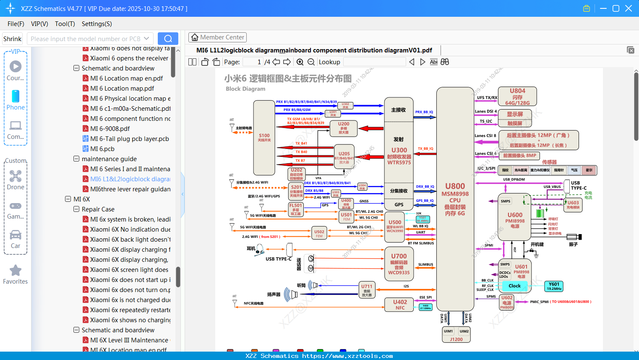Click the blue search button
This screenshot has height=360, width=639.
[x=168, y=39]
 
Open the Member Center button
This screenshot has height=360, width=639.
[x=217, y=37]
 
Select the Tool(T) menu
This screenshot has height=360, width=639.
[x=65, y=24]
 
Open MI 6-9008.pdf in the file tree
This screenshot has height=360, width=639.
[x=110, y=129]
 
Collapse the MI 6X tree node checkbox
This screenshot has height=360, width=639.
[x=68, y=199]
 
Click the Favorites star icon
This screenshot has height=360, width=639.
[x=16, y=271]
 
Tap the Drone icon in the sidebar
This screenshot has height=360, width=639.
[x=16, y=176]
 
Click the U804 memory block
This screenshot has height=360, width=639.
[x=517, y=97]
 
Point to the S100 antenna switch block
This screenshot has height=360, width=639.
[x=264, y=138]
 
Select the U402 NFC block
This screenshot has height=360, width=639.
[x=400, y=305]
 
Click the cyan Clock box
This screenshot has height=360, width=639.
[x=514, y=286]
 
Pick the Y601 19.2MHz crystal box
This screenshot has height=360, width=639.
[x=554, y=286]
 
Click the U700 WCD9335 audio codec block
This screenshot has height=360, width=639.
[x=399, y=264]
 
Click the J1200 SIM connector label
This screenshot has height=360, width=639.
[x=456, y=339]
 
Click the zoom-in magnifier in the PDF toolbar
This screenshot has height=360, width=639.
[x=300, y=62]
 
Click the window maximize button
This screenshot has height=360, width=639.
[x=616, y=8]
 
